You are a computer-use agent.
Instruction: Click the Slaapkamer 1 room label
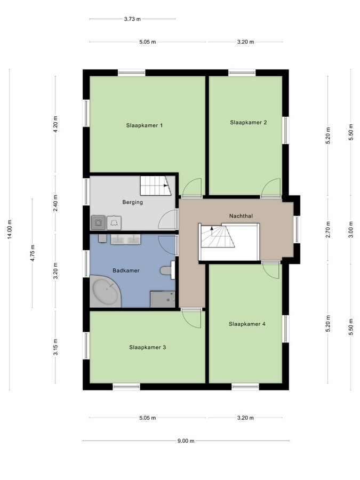(144, 125)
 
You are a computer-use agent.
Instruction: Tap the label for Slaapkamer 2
(248, 122)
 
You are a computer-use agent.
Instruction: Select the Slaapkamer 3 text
(147, 347)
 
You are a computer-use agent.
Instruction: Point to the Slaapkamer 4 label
(247, 324)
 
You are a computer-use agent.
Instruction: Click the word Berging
(132, 202)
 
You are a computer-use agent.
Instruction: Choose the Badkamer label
(126, 270)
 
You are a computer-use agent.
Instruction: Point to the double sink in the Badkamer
(126, 239)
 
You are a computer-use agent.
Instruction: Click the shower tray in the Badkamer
(163, 299)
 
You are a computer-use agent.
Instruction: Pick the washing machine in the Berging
(98, 221)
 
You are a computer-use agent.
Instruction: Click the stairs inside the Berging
(155, 186)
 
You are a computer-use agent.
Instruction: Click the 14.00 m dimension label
(11, 230)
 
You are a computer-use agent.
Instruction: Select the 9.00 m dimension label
(186, 441)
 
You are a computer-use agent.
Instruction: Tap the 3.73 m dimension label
(132, 19)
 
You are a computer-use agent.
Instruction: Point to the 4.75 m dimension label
(33, 253)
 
